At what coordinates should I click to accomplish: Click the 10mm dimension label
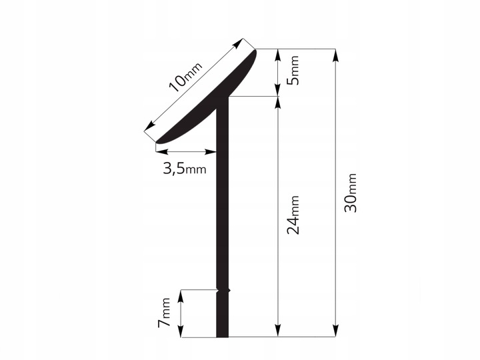[185, 77]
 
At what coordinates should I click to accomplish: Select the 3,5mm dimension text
[185, 169]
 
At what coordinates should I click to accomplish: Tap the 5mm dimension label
[293, 70]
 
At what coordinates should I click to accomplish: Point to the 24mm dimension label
[293, 215]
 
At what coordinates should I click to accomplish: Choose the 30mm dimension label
[351, 193]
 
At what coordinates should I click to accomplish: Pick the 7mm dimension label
[164, 312]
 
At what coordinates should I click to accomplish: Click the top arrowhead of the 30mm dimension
[336, 55]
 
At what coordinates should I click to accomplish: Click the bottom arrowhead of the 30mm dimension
[336, 330]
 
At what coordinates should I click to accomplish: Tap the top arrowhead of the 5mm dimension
[277, 55]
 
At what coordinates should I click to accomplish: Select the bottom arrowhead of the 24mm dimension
[277, 330]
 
